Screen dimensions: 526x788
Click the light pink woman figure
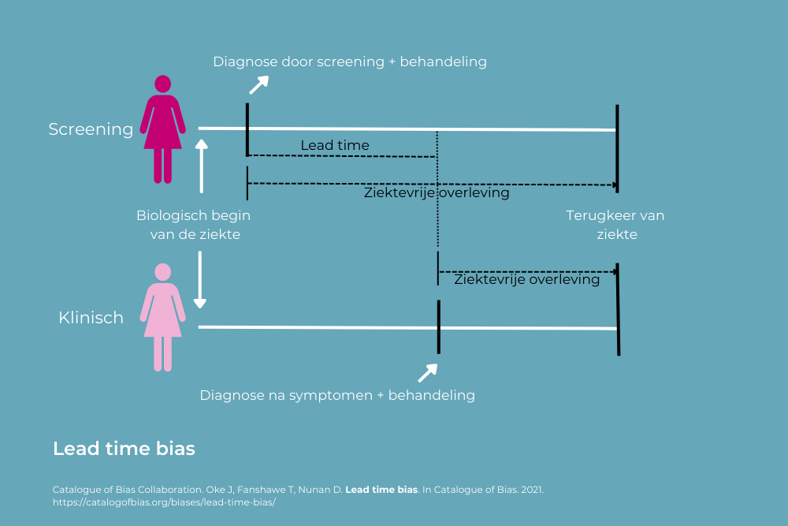[x=162, y=316]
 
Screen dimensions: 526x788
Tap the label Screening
[x=91, y=129]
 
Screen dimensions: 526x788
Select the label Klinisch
[x=91, y=318]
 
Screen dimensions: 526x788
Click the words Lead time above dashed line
[x=335, y=145]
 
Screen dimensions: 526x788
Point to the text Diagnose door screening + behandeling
[x=350, y=62]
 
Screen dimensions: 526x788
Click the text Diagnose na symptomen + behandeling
[x=337, y=395]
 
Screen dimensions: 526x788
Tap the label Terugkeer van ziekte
[x=615, y=225]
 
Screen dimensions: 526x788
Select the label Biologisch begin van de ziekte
[x=194, y=225]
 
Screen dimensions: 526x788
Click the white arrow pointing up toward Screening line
[x=202, y=166]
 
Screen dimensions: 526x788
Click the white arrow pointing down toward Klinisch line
[x=200, y=280]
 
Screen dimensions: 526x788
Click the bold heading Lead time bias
[x=124, y=449]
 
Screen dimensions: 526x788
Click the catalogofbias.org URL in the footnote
[x=164, y=502]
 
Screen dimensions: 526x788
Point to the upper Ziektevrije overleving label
[x=436, y=192]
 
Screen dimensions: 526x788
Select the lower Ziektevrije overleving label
[x=526, y=279]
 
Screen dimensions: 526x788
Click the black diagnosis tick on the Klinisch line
[x=438, y=326]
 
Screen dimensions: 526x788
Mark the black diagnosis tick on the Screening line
[x=247, y=129]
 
